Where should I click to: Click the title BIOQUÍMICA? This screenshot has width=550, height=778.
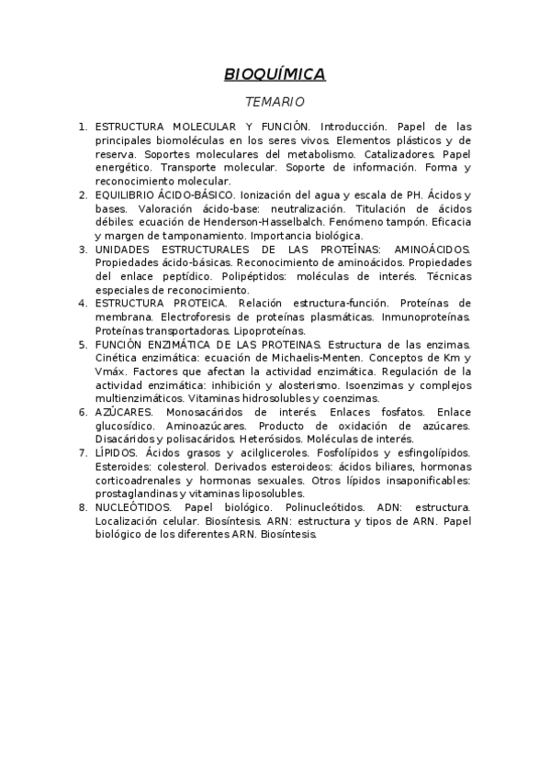(x=275, y=74)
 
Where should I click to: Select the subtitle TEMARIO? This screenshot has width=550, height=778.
(x=275, y=102)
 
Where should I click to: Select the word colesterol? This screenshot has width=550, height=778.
(x=182, y=466)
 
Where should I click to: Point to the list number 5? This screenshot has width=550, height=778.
(x=83, y=344)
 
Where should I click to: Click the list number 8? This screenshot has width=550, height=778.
(x=83, y=506)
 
